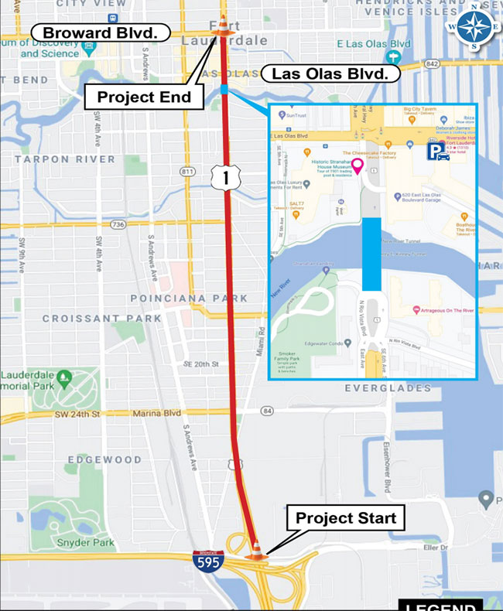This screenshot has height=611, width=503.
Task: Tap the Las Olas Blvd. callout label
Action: (330, 74)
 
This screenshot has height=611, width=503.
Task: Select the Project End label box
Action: (143, 97)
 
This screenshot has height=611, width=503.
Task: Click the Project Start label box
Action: (346, 517)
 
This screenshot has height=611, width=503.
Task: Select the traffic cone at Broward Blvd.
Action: (223, 26)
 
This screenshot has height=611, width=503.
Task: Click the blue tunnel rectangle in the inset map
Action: (372, 254)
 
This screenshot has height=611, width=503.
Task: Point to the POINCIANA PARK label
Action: (189, 299)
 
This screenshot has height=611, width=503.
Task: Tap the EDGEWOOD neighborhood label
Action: (104, 459)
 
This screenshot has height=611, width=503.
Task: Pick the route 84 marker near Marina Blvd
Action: (269, 410)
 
